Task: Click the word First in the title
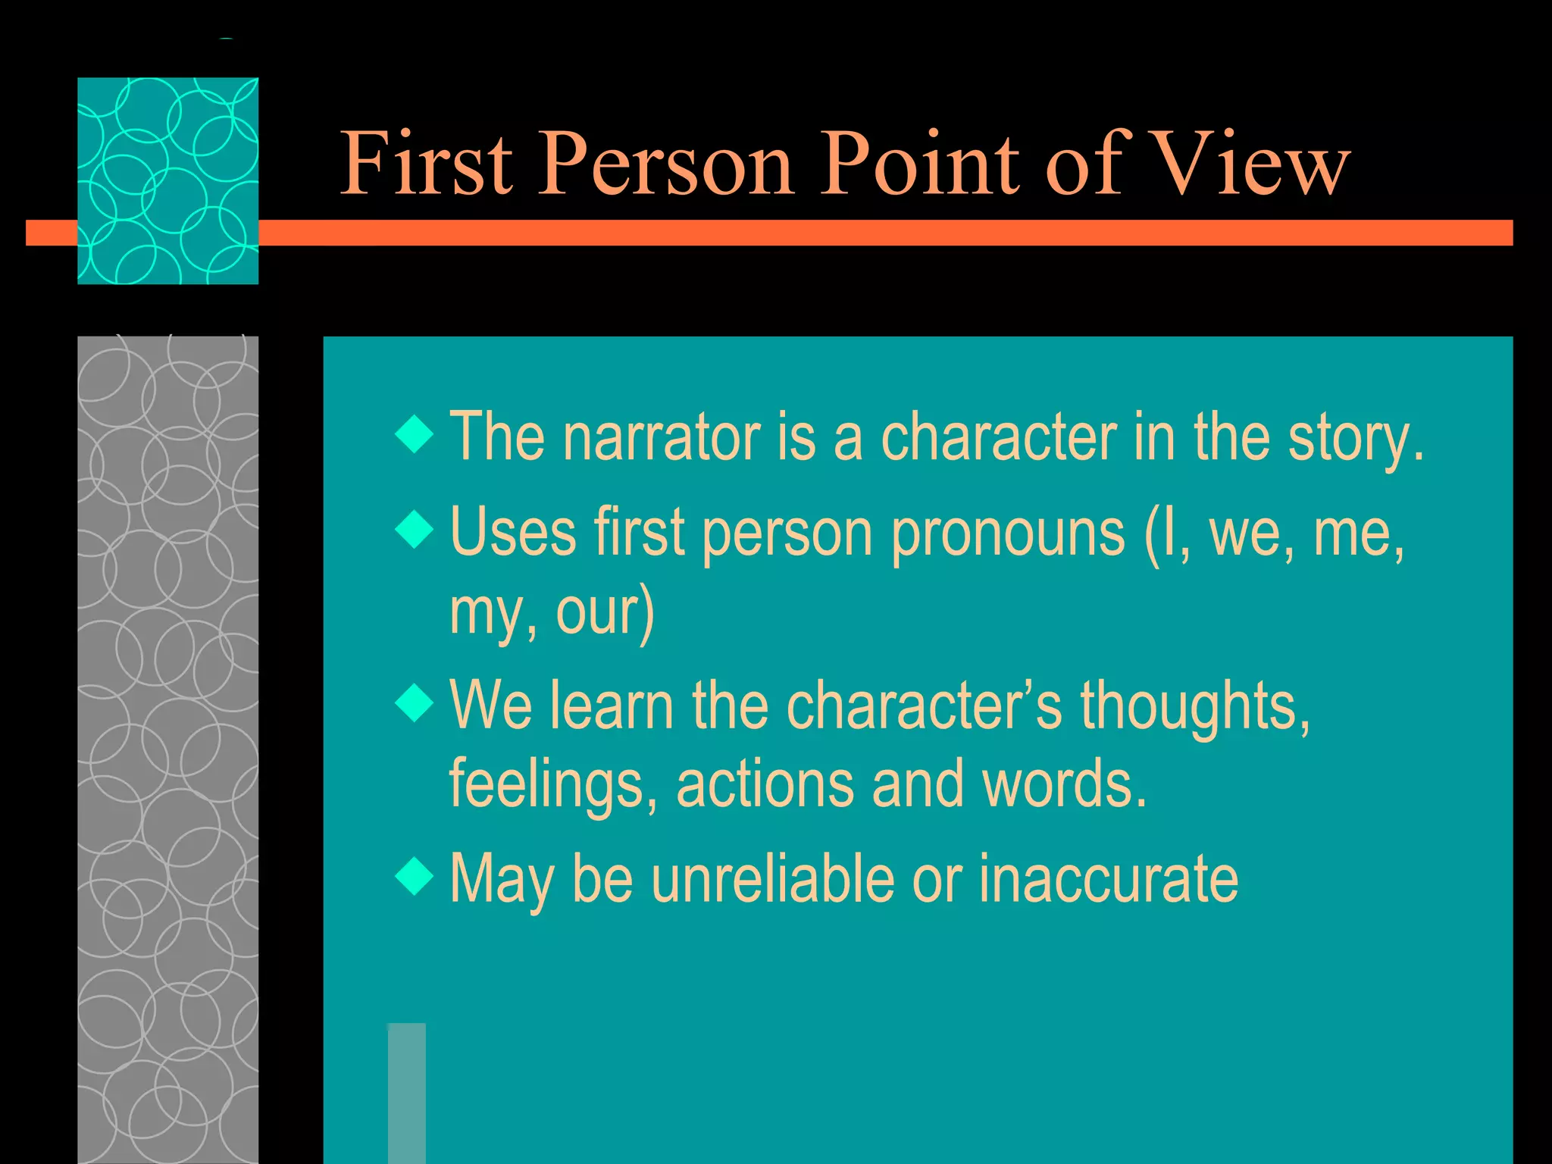point(427,162)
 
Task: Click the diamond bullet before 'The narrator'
point(415,434)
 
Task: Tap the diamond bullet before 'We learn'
point(415,702)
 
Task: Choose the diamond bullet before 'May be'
point(415,877)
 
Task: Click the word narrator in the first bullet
point(661,437)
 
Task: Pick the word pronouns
point(1008,533)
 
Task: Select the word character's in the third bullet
point(925,706)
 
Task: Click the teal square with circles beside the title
point(167,180)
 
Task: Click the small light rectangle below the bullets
point(407,1092)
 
